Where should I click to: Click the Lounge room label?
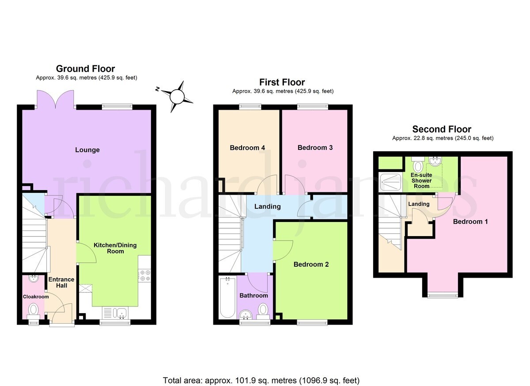point(87,150)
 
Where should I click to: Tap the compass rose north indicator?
point(157,89)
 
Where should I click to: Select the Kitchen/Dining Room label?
point(115,248)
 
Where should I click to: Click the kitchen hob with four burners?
point(145,275)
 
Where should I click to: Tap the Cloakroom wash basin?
point(34,279)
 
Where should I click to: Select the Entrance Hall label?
point(61,283)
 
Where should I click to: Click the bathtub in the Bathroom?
point(227,298)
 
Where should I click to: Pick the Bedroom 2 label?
point(311,264)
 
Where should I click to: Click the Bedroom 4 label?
point(247,148)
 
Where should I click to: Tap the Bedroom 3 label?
point(315,148)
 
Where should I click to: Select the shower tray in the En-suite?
point(390,182)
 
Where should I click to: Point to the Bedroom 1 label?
point(470,222)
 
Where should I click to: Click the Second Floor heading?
point(442,129)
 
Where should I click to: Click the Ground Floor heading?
point(85,69)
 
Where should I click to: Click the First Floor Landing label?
point(267,206)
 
